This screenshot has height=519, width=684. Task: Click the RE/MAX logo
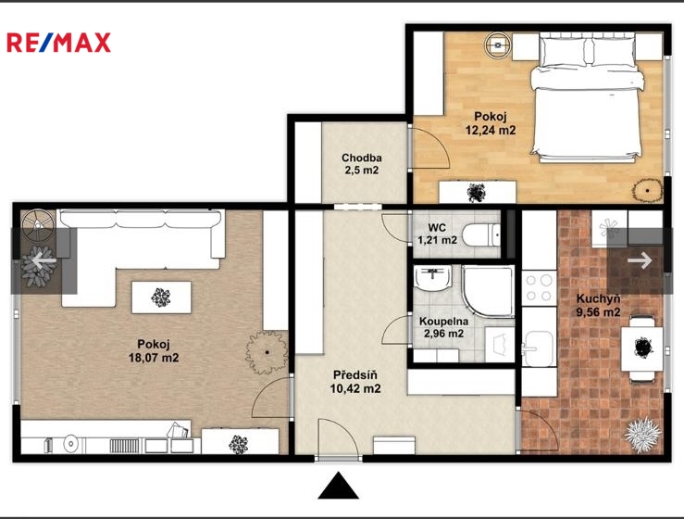tap(59, 43)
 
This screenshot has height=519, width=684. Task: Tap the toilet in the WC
tap(480, 235)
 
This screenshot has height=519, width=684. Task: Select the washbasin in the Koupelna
tap(432, 278)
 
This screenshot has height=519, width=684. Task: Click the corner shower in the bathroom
tap(488, 290)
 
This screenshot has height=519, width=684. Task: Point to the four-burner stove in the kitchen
tap(539, 287)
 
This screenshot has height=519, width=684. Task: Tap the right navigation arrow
tap(640, 260)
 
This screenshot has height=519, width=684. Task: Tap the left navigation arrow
tap(44, 260)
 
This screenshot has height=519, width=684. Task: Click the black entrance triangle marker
tap(338, 485)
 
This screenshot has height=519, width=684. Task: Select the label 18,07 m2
tap(154, 358)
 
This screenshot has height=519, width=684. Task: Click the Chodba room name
tap(362, 158)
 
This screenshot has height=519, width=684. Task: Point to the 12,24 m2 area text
tap(491, 130)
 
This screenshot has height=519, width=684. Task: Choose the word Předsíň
tap(355, 374)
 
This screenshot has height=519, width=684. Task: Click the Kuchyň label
tap(598, 298)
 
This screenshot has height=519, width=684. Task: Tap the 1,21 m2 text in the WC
tap(437, 240)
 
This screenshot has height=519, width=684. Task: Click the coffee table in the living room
tap(161, 297)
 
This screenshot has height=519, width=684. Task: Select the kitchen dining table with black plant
tap(642, 348)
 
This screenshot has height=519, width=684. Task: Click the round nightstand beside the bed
tap(497, 44)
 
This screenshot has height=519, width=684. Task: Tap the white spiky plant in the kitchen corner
tap(641, 435)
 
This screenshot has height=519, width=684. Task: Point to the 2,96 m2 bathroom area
tap(443, 334)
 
